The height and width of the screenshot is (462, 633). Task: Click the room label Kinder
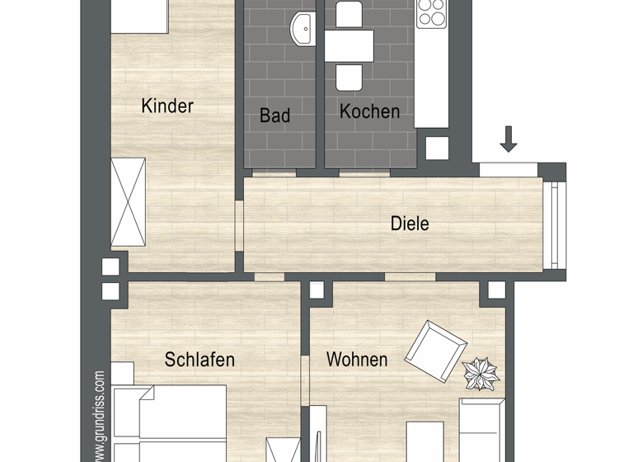pos(167,106)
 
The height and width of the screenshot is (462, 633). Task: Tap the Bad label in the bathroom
pos(274,115)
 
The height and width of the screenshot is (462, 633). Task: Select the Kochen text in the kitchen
pos(369,111)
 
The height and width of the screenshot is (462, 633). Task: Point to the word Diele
pos(410,224)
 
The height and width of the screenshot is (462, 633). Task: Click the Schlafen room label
pos(199,360)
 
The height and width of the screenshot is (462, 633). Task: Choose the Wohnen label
pos(357,360)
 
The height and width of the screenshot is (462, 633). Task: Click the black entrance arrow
pos(509,139)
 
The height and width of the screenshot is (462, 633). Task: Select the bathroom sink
pos(303,29)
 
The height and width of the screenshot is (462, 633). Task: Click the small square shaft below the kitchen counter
pos(437,148)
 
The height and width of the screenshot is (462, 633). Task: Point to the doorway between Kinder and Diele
pos(240,226)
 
